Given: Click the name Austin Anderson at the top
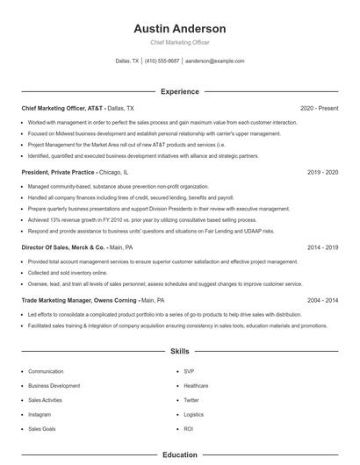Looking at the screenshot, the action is [180, 29].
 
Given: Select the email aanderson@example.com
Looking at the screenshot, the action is [215, 61].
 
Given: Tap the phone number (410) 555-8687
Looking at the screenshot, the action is [162, 61].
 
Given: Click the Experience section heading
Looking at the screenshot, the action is [180, 91].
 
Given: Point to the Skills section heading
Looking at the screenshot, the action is [180, 351].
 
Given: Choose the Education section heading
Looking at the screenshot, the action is [180, 454].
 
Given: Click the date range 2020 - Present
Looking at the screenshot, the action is [319, 108].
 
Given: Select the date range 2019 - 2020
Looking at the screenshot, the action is [322, 173].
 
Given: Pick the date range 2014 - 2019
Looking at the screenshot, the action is [322, 248].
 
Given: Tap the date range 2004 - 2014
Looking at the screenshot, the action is [322, 300].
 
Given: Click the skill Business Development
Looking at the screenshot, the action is [54, 386].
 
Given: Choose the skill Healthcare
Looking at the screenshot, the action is [196, 386].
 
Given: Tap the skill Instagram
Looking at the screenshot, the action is [40, 414].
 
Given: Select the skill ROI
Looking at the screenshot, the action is [188, 429].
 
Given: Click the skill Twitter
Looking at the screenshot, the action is [191, 400].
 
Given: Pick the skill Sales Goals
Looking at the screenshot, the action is [42, 429].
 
